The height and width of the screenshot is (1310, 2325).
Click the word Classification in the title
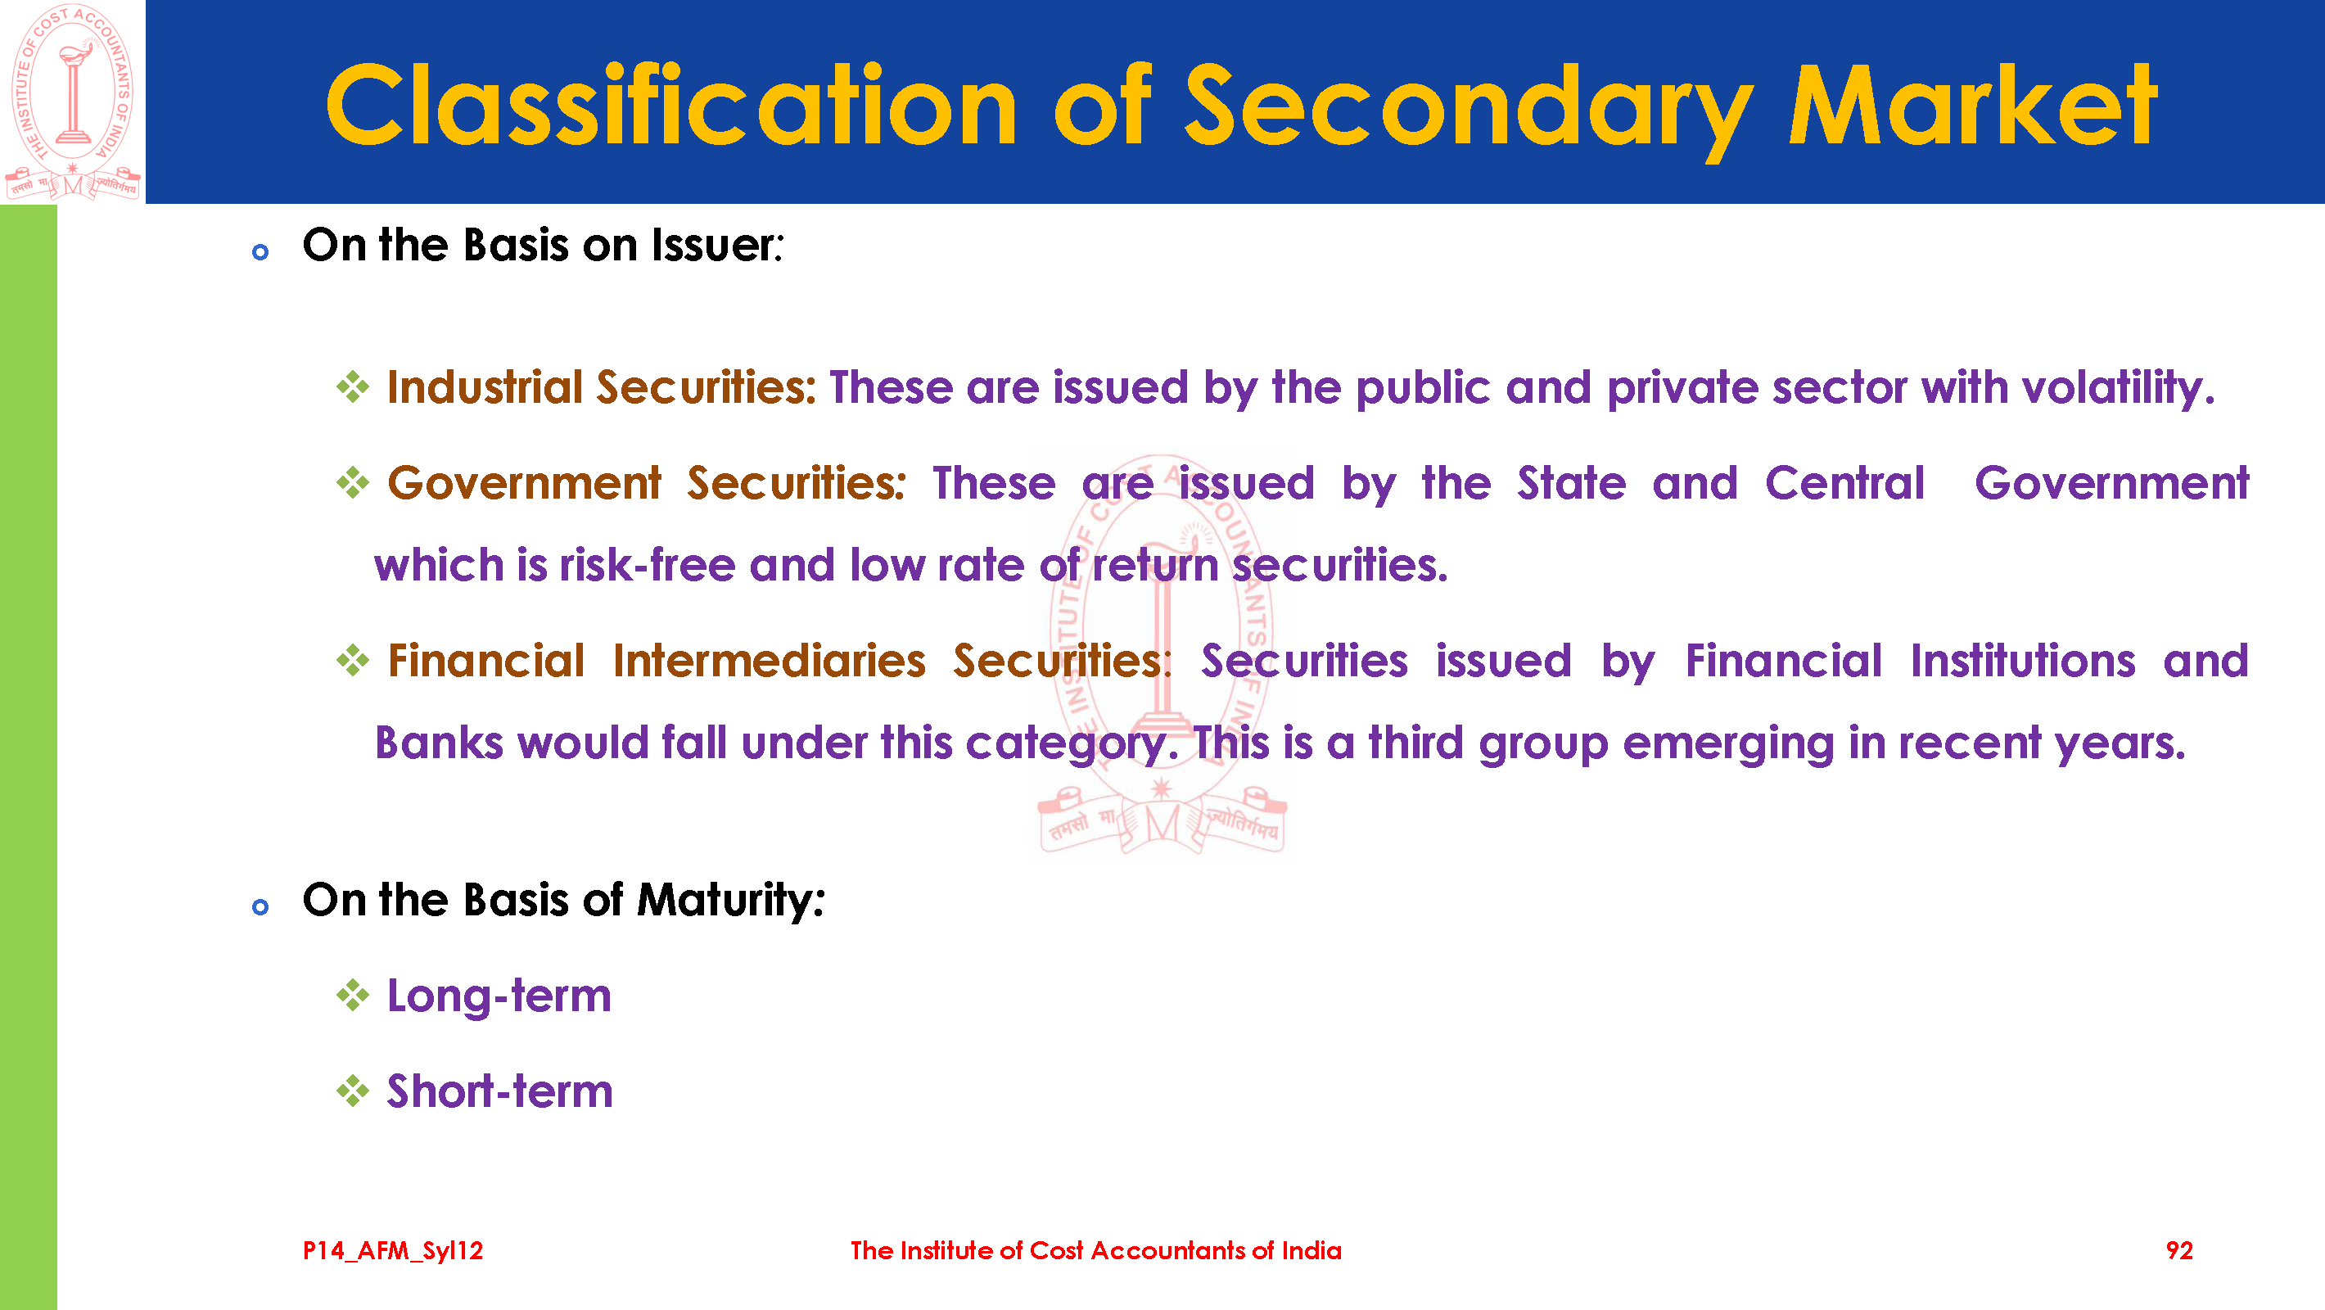[670, 105]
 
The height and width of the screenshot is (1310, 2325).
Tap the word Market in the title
[1973, 105]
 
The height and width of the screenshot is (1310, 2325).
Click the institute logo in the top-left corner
[72, 102]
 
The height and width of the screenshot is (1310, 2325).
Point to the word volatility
[2117, 389]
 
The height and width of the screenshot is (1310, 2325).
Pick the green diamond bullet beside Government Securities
[353, 483]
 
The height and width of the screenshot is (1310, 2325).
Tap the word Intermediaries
[769, 661]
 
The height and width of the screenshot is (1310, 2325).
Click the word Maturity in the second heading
[731, 901]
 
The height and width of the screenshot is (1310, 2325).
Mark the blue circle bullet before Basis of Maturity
[260, 906]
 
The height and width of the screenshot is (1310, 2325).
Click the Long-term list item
[499, 996]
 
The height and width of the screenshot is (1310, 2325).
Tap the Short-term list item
[500, 1091]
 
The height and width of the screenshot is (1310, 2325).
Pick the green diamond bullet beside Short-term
[353, 1091]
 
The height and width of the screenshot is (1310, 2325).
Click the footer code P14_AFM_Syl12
[393, 1250]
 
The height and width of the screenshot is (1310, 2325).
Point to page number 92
[2178, 1250]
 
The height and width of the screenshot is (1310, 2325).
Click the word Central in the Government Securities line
[1844, 483]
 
